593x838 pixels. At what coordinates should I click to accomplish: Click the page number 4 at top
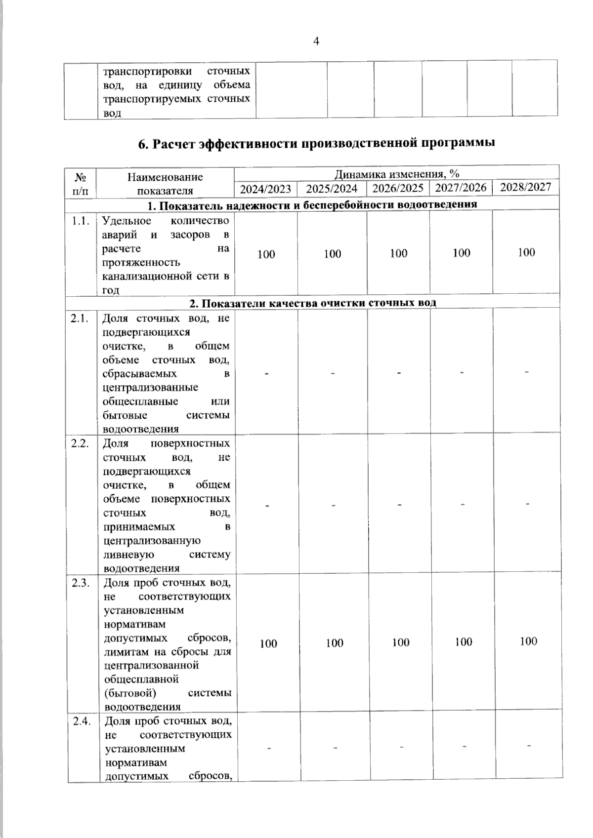tap(316, 41)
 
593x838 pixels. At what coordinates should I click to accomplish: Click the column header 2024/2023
tap(266, 189)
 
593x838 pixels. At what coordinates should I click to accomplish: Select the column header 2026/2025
tap(398, 188)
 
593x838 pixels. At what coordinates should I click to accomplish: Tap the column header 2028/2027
tap(526, 187)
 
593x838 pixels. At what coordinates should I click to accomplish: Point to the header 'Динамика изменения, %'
tap(397, 174)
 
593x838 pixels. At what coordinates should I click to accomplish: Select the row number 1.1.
tap(81, 221)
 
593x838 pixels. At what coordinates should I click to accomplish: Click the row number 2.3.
tap(81, 583)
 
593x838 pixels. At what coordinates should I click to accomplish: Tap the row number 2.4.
tap(82, 722)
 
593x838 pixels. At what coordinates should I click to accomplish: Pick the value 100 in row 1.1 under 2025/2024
tap(333, 254)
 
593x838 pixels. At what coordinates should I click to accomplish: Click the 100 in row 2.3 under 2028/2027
tap(528, 641)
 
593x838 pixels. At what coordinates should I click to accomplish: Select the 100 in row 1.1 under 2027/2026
tap(462, 253)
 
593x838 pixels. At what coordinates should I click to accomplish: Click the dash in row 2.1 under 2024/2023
tap(267, 373)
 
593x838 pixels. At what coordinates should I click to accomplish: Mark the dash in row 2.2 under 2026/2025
tap(399, 505)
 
